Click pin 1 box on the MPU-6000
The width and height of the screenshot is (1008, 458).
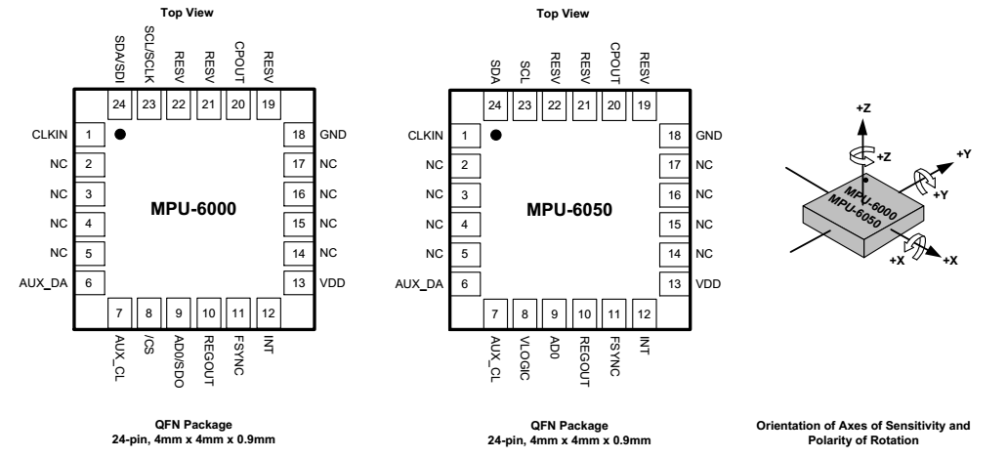pos(89,135)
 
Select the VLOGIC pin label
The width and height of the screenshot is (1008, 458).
pos(525,357)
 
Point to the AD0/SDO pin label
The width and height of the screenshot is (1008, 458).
pos(179,361)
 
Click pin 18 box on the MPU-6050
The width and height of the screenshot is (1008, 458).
pos(674,136)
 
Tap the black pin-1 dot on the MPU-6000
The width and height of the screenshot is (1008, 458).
pos(119,134)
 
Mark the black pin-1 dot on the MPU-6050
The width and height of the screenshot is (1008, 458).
pos(495,135)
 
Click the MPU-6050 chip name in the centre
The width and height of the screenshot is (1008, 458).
pos(569,210)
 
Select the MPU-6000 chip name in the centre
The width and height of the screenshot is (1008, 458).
pos(193,209)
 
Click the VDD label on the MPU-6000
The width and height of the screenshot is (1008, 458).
pos(332,282)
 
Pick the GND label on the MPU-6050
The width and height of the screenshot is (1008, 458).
pos(708,136)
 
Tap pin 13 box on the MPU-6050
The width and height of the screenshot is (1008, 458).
pos(674,284)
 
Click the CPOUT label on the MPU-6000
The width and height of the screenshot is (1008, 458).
pos(238,62)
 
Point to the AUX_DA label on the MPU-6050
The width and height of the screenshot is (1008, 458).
pos(419,284)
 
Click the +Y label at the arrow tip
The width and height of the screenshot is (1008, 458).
pos(964,154)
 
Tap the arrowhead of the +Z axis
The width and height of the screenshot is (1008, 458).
pos(862,127)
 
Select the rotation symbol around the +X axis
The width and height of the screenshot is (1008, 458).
pos(915,246)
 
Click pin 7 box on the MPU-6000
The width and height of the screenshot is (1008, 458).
pos(119,313)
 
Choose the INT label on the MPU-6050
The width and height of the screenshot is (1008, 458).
pos(644,346)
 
